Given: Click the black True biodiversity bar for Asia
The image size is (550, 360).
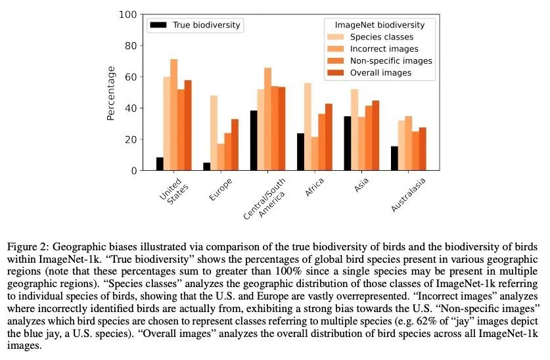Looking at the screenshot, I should coord(348,143).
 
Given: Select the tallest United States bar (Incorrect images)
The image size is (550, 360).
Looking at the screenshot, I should coord(174,115).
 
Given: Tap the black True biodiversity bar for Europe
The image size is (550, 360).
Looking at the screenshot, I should coord(206,166).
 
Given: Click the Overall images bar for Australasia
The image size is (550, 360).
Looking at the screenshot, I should coord(423,149).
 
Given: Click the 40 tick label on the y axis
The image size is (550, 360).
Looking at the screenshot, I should coord(131,108).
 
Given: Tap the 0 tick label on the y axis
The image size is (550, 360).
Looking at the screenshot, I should coord(133,170).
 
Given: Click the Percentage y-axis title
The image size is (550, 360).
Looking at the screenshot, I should coord(111,93).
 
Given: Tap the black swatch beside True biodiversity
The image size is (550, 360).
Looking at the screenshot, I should coord(158,25).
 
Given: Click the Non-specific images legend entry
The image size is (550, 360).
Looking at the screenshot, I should coord(391,60).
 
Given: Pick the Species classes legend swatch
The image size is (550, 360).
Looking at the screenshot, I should coord(336,37).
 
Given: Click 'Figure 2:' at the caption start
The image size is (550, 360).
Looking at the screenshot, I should coord(28,248).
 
